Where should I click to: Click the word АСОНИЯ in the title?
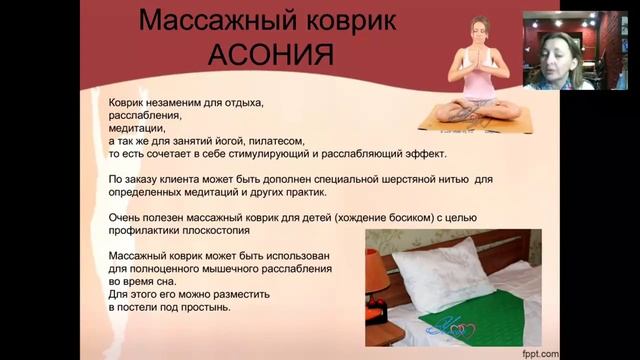271,55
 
